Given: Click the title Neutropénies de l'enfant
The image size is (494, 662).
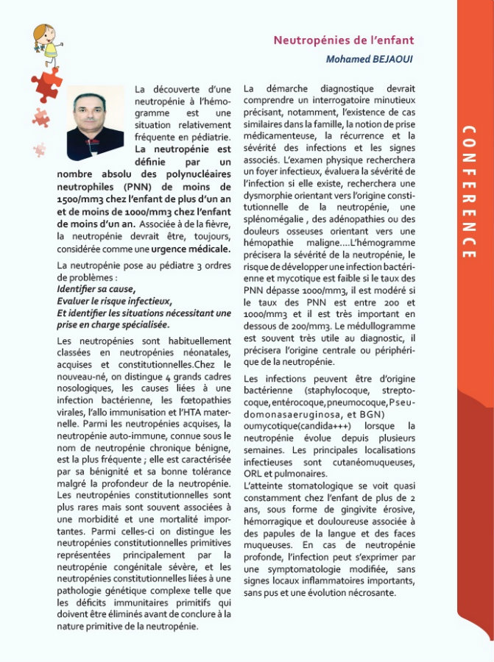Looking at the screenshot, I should pyautogui.click(x=343, y=40).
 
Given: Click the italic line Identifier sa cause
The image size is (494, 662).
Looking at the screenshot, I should pyautogui.click(x=96, y=289).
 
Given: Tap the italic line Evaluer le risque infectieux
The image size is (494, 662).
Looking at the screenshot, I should pyautogui.click(x=114, y=301).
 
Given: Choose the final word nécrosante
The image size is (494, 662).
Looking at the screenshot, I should pyautogui.click(x=373, y=593).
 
